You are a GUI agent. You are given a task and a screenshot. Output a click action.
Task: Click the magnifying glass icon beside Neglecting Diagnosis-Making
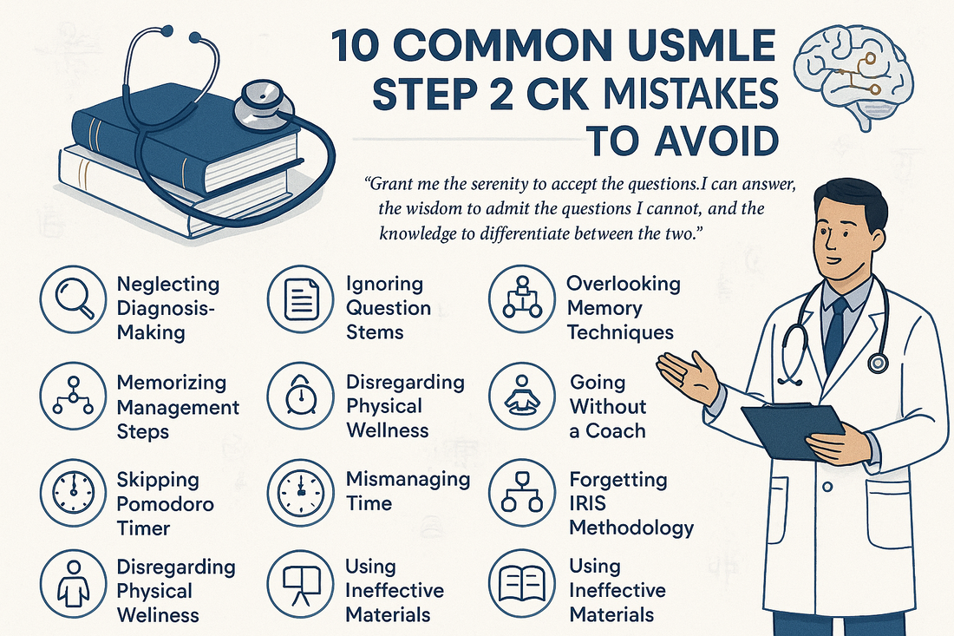pyautogui.click(x=74, y=298)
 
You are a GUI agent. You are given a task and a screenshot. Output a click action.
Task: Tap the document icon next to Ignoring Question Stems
pyautogui.click(x=301, y=298)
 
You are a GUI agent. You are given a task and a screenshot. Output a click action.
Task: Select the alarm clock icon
pyautogui.click(x=301, y=396)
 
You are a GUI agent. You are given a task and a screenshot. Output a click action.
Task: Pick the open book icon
pyautogui.click(x=522, y=583)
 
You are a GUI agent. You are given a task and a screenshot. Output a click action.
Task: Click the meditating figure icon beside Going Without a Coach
pyautogui.click(x=522, y=396)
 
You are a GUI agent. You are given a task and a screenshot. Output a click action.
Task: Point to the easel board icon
pyautogui.click(x=301, y=583)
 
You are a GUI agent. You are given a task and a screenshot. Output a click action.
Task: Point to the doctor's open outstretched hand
pyautogui.click(x=688, y=376)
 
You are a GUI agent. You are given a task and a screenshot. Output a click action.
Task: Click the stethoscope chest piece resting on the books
pyautogui.click(x=264, y=104)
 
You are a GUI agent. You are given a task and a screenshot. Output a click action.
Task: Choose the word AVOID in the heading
pyautogui.click(x=716, y=141)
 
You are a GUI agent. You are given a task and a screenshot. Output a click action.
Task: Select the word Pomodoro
pyautogui.click(x=165, y=504)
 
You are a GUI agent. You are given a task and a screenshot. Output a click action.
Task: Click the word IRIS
pyautogui.click(x=588, y=503)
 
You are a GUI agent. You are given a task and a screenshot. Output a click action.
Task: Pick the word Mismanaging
pyautogui.click(x=408, y=480)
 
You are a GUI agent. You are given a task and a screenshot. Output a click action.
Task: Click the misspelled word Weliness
pyautogui.click(x=158, y=614)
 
